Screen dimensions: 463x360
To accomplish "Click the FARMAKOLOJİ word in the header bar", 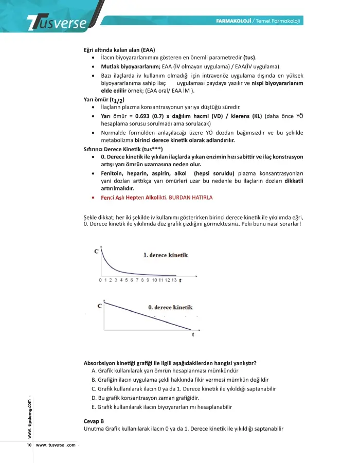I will (234, 21).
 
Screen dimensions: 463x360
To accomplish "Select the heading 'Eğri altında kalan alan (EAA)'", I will (119, 50).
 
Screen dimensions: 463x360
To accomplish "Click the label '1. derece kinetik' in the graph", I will (166, 255).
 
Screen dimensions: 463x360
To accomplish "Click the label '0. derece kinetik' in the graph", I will (170, 307).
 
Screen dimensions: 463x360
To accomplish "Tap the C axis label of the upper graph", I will (97, 251).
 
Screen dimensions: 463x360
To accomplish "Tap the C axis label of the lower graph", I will (99, 306).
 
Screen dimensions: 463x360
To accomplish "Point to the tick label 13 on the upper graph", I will (174, 280).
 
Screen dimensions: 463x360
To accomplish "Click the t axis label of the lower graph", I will (193, 334).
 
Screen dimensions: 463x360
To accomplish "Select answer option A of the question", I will (165, 370).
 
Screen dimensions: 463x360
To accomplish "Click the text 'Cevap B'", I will (94, 421).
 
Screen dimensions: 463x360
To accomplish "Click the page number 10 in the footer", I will (29, 445).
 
